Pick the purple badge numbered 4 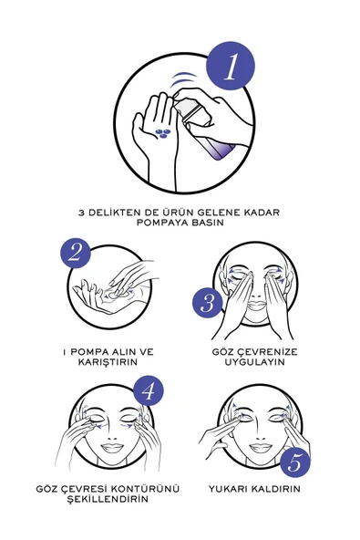(x=149, y=391)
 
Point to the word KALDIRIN (x=279, y=489)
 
